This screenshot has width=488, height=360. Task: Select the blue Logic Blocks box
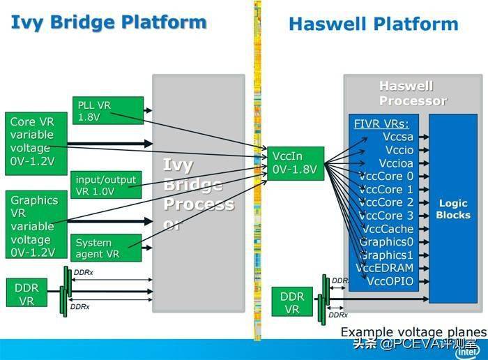pyautogui.click(x=453, y=209)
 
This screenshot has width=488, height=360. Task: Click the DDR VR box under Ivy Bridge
pyautogui.click(x=27, y=294)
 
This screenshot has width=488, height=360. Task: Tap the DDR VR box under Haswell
pyautogui.click(x=292, y=302)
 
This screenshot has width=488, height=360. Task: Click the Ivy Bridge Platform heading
pyautogui.click(x=109, y=22)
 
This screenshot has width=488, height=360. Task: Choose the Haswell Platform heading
pyautogui.click(x=373, y=24)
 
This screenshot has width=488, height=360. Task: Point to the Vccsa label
pyautogui.click(x=398, y=137)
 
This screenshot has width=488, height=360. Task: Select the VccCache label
pyautogui.click(x=388, y=229)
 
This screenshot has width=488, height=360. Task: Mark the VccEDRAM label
pyautogui.click(x=385, y=268)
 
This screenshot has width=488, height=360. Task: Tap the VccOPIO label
pyautogui.click(x=390, y=281)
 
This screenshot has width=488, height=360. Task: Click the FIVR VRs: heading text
pyautogui.click(x=381, y=124)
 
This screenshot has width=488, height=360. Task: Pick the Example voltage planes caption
pyautogui.click(x=413, y=331)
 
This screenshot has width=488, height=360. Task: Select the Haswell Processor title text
pyautogui.click(x=412, y=93)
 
